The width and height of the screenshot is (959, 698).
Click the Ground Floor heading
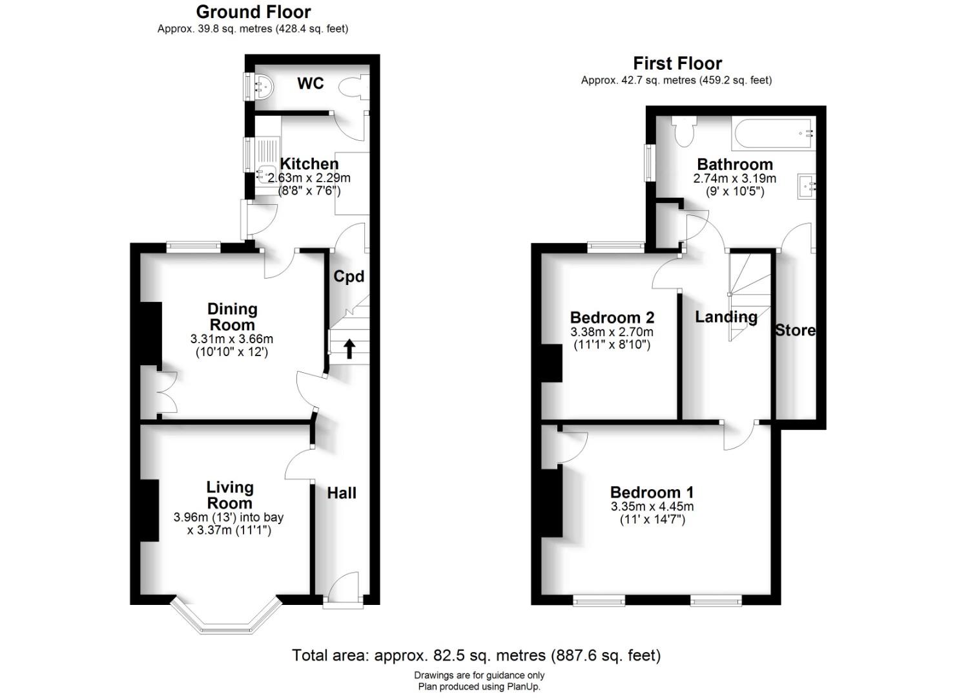pyautogui.click(x=253, y=12)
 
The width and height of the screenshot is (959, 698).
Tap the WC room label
pyautogui.click(x=310, y=83)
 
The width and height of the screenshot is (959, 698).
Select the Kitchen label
pyautogui.click(x=309, y=164)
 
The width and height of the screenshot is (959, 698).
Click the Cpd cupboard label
pyautogui.click(x=349, y=277)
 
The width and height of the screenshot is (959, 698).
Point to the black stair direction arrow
pyautogui.click(x=349, y=348)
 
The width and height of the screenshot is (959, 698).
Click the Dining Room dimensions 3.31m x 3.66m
pyautogui.click(x=231, y=339)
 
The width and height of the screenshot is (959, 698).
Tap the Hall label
pyautogui.click(x=341, y=493)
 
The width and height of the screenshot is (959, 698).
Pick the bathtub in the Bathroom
pyautogui.click(x=773, y=132)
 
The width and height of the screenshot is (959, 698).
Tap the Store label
pyautogui.click(x=795, y=330)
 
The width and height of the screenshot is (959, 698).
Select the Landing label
pyautogui.click(x=726, y=317)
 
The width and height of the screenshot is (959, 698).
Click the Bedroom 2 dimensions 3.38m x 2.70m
pyautogui.click(x=612, y=332)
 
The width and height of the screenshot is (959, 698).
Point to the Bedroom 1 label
pyautogui.click(x=652, y=492)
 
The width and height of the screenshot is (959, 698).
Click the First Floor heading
pyautogui.click(x=677, y=63)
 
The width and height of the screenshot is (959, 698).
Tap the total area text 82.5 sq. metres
pyautogui.click(x=476, y=655)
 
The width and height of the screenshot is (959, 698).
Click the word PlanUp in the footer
pyautogui.click(x=524, y=687)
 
